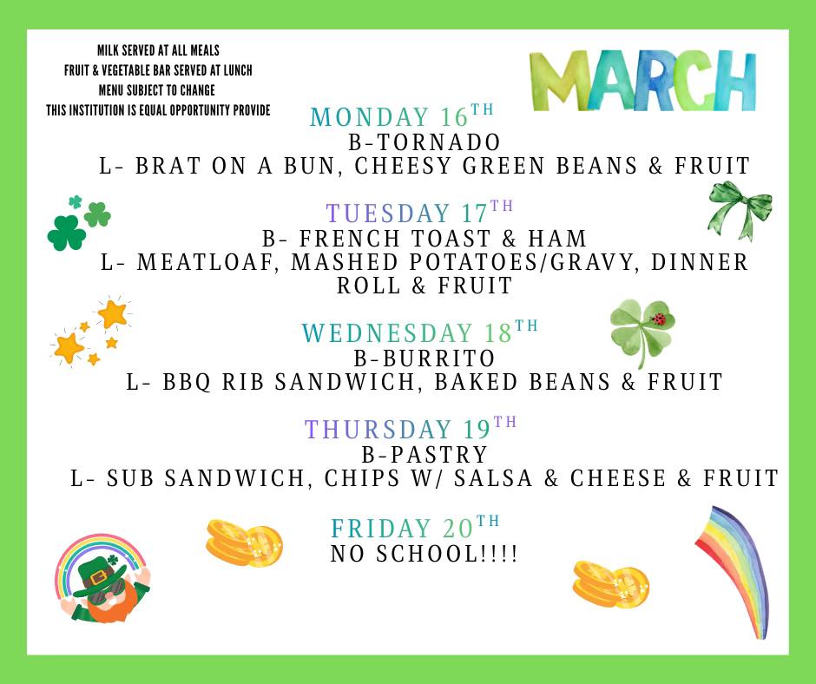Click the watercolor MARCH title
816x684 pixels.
click(x=642, y=80)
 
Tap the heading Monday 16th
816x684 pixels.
click(x=401, y=116)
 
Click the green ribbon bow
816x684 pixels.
click(x=740, y=209)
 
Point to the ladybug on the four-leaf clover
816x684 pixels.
click(x=659, y=319)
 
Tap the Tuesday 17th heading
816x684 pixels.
click(x=419, y=213)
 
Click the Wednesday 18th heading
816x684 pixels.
click(x=419, y=332)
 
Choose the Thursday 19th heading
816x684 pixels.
click(x=411, y=429)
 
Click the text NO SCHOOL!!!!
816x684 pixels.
click(x=424, y=553)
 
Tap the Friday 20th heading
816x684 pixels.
click(x=415, y=527)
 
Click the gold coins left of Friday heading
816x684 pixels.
click(x=244, y=543)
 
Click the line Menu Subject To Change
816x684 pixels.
click(x=156, y=90)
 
